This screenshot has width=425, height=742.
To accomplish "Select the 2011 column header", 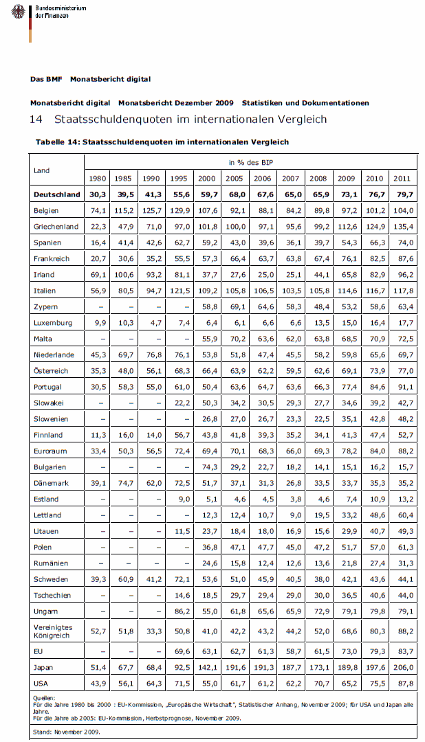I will [x=402, y=179].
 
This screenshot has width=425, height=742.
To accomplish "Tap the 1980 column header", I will [x=98, y=179].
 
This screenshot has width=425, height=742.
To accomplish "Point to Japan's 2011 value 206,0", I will [x=402, y=668].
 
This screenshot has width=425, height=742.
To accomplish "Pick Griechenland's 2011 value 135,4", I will [x=402, y=227].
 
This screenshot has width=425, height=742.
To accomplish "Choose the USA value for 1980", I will [x=98, y=684].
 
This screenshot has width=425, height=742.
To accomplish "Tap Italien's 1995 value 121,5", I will [x=178, y=291].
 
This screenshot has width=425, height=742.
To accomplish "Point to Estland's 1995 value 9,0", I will [x=181, y=499].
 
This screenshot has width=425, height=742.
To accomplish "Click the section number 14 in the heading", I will [x=36, y=120].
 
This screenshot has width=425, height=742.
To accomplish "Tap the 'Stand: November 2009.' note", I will [x=66, y=732].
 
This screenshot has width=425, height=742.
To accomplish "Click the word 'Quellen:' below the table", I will [x=44, y=699].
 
